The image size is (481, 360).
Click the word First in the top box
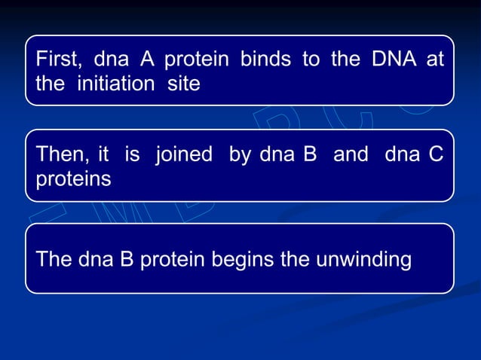58,60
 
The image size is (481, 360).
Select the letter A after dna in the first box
149,60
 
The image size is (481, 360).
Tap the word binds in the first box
263,60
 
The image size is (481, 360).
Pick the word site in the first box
184,84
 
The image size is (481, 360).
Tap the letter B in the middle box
308,156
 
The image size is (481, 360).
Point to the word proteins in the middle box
74,180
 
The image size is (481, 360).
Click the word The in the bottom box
54,260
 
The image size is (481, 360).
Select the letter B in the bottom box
124,260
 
